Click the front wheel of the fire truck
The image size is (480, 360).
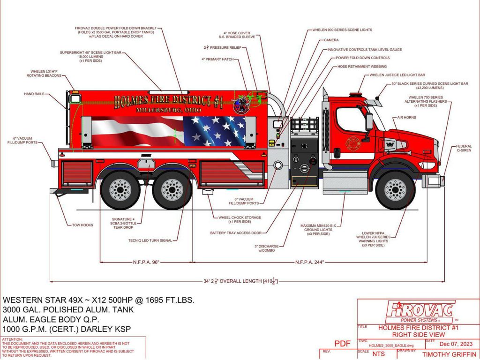pos(395,189)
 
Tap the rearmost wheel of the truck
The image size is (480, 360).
pos(120,189)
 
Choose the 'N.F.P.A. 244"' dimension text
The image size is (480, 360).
pos(310,262)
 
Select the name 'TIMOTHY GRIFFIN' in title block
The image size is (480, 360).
pos(449,355)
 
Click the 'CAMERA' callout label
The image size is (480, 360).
pos(331,40)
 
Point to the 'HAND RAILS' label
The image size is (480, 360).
pos(34,94)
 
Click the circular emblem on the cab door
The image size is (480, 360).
pos(351,143)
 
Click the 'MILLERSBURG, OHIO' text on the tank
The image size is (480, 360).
pos(168,110)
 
